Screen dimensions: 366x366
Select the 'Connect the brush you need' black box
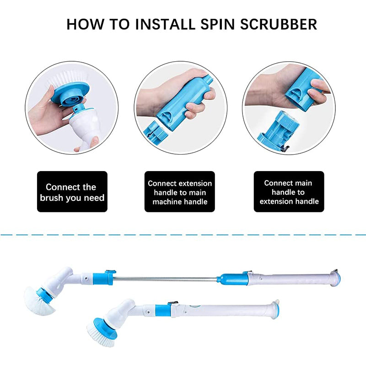pos(72,192)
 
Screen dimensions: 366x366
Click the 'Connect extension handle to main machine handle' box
pos(180,192)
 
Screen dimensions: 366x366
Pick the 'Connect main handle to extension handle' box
pos(289,192)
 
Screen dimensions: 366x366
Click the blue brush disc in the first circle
pos(69,93)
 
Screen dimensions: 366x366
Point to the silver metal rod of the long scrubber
pos(165,278)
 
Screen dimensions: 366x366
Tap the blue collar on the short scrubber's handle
pos(162,310)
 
